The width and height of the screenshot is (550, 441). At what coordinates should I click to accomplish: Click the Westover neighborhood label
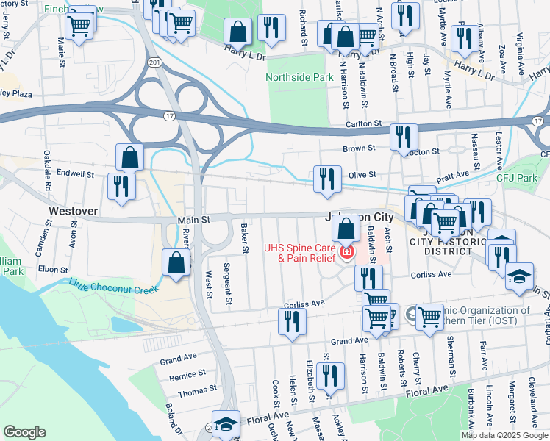click(73, 210)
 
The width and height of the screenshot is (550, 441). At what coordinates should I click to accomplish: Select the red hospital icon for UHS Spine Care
click(346, 254)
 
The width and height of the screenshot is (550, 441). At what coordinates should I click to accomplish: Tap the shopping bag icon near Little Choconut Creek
click(176, 263)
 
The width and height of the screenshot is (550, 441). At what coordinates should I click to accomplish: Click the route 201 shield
click(153, 63)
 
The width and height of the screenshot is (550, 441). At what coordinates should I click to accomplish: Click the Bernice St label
click(182, 376)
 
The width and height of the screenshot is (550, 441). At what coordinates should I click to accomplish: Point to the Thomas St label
click(197, 391)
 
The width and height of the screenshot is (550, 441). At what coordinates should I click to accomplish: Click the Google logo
click(25, 431)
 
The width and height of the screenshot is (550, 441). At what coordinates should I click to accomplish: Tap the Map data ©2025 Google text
click(504, 435)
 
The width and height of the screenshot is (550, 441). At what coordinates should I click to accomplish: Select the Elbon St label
click(54, 270)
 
